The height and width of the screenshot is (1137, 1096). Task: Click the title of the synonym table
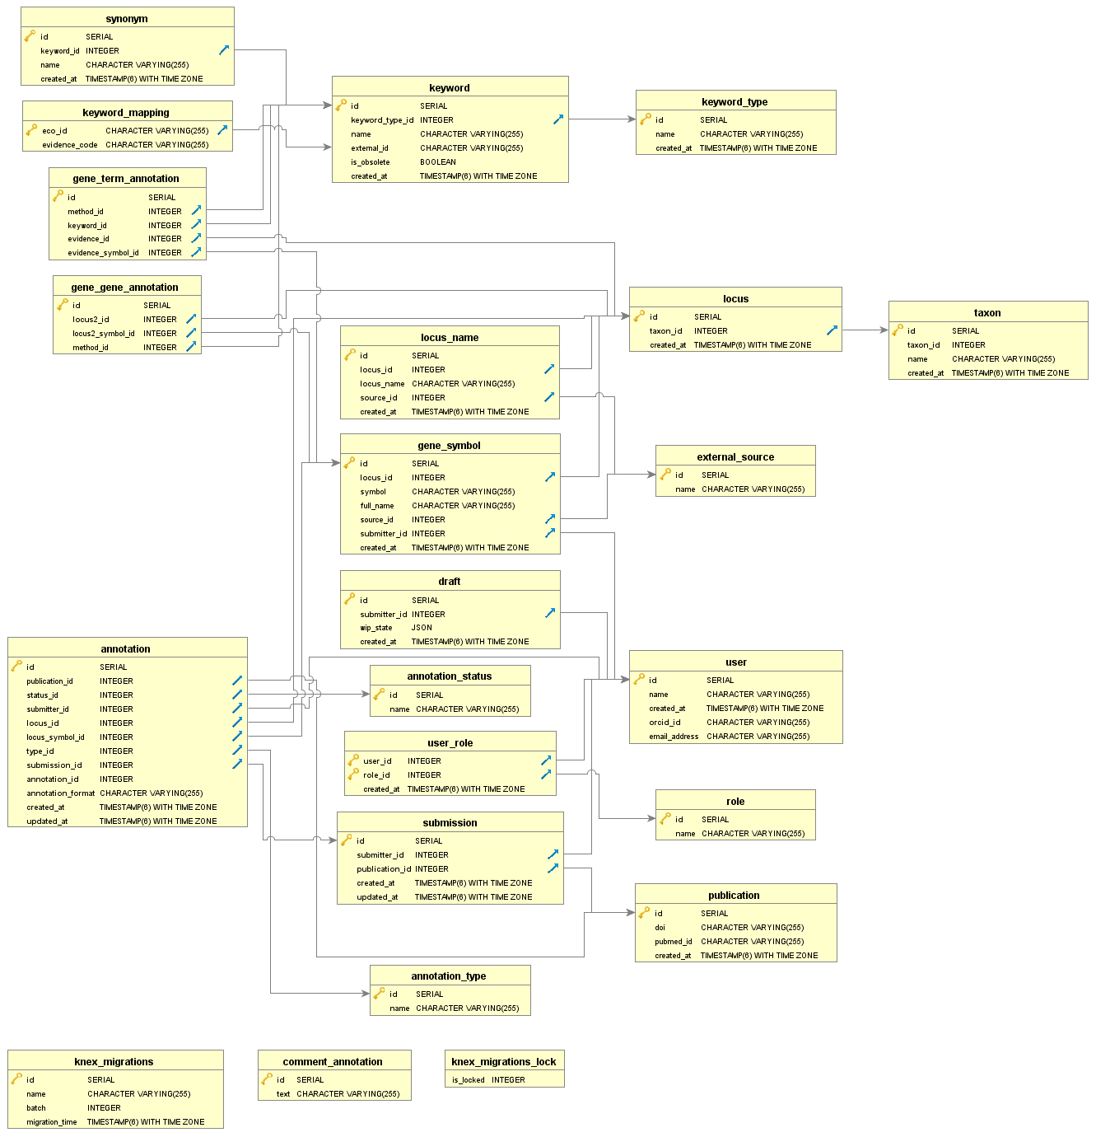click(x=127, y=18)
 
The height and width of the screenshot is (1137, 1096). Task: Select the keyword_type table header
click(x=735, y=101)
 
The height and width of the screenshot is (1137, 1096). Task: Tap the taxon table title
click(x=987, y=312)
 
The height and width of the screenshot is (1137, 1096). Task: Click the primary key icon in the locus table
click(x=638, y=316)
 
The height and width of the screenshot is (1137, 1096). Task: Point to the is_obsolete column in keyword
click(x=370, y=162)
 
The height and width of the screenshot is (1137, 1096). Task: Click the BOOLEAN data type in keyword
click(x=437, y=162)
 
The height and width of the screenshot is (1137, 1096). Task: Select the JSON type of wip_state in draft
click(x=422, y=628)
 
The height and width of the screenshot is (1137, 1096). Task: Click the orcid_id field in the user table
click(x=665, y=723)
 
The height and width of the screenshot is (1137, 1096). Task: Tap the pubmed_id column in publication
click(x=673, y=942)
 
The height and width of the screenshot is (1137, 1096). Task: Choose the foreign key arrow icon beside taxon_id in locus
click(x=832, y=330)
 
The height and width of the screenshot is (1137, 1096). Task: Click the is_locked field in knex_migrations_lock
click(x=468, y=1080)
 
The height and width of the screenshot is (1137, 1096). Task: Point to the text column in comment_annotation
click(x=283, y=1094)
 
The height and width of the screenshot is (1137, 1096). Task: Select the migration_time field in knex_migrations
click(x=51, y=1122)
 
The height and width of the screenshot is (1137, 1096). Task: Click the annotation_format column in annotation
click(x=60, y=793)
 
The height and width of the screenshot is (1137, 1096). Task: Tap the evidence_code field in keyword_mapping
click(x=69, y=145)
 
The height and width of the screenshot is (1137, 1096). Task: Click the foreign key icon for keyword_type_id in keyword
click(x=557, y=119)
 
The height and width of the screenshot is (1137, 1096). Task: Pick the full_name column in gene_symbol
click(x=376, y=506)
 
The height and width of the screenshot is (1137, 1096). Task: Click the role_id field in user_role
click(x=376, y=775)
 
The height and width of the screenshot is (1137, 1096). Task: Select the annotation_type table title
click(x=448, y=976)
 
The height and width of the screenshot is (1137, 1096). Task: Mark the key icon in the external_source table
click(x=665, y=475)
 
